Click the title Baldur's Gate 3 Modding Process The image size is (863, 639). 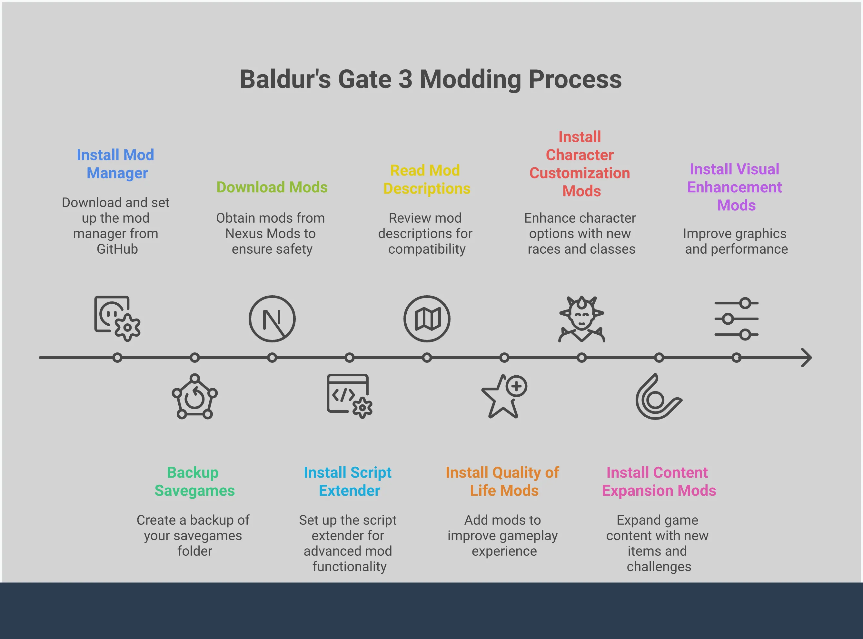(431, 79)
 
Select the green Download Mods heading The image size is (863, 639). (272, 187)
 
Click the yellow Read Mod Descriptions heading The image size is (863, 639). (427, 179)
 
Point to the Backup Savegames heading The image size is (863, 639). (194, 482)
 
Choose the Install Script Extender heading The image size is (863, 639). (348, 482)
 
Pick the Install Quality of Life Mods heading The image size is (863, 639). (502, 482)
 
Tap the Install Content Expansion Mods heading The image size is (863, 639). (659, 482)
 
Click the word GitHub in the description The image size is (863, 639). (117, 249)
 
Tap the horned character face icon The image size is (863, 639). (582, 319)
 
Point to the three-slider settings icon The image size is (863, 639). (736, 319)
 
